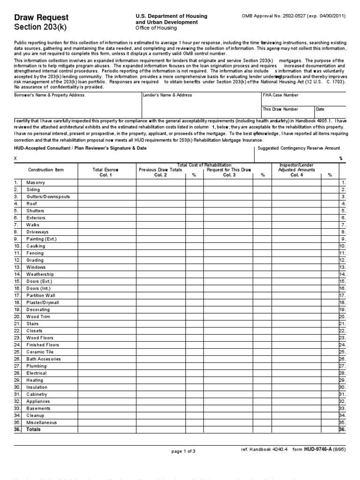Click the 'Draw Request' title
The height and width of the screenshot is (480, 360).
41,17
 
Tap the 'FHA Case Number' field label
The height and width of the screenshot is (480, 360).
280,95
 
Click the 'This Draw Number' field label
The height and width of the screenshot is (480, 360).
280,109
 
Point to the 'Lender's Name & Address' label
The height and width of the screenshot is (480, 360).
167,95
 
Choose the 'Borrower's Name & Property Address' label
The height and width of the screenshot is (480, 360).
50,95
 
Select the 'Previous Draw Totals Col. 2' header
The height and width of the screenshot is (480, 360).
160,172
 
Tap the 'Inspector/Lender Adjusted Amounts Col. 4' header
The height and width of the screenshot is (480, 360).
296,170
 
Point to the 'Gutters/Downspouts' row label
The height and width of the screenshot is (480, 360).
48,196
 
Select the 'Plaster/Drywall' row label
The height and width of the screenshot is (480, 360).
43,303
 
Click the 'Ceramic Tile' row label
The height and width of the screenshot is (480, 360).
40,352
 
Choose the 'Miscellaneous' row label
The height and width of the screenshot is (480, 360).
42,422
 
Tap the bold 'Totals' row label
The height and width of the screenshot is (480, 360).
33,429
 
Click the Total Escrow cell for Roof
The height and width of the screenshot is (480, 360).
107,204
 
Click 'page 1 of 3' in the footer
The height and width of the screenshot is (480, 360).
183,451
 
